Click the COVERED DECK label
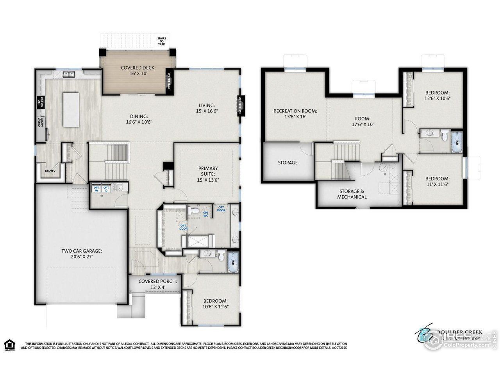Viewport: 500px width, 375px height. [138, 70]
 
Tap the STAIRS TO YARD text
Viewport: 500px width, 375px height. [161, 41]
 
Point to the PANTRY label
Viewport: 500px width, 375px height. [50, 171]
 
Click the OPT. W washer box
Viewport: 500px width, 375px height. [96, 189]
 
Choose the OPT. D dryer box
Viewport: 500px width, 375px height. [106, 189]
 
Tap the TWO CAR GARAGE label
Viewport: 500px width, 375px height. [81, 254]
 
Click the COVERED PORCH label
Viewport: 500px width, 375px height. [158, 284]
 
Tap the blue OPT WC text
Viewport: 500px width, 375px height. [205, 213]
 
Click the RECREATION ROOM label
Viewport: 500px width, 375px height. [295, 114]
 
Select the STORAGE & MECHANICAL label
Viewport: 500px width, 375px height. [352, 194]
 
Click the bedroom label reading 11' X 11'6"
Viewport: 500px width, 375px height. [437, 182]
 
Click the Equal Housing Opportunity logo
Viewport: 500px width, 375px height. [9, 345]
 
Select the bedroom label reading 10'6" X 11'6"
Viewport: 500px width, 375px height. [215, 304]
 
